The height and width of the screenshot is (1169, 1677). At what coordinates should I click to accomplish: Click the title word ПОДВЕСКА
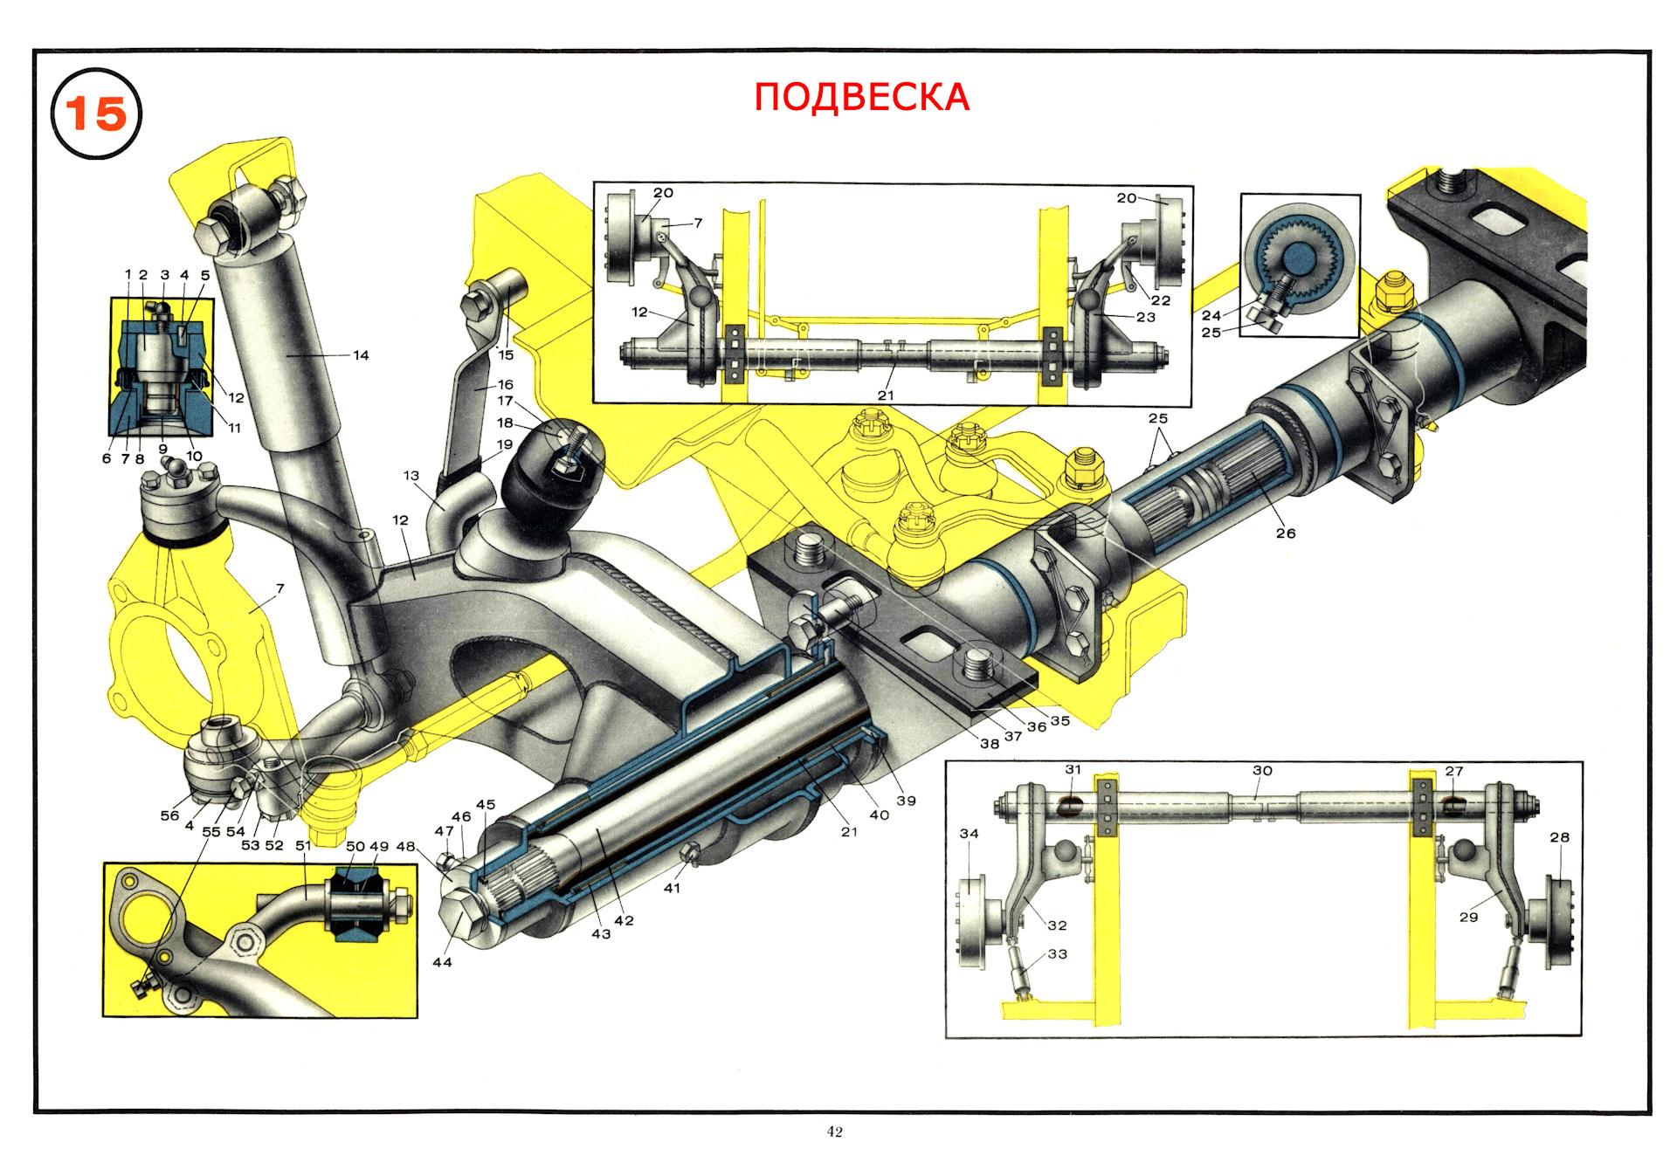pyautogui.click(x=862, y=97)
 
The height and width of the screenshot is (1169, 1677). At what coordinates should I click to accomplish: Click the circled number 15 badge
pyautogui.click(x=96, y=114)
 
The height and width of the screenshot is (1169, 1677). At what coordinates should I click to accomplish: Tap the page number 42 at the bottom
pyautogui.click(x=835, y=1132)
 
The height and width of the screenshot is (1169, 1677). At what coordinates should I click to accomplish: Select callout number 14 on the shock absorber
pyautogui.click(x=360, y=355)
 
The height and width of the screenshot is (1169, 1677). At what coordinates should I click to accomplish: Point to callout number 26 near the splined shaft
pyautogui.click(x=1286, y=533)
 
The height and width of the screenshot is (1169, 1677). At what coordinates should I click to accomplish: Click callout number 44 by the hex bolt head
pyautogui.click(x=442, y=962)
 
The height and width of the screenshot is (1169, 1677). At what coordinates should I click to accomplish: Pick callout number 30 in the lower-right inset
pyautogui.click(x=1262, y=771)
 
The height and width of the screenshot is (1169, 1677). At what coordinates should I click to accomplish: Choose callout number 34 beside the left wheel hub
pyautogui.click(x=970, y=834)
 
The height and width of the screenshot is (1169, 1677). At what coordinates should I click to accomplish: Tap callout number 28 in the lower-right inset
pyautogui.click(x=1560, y=837)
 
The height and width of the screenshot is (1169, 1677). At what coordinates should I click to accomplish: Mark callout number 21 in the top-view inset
pyautogui.click(x=887, y=395)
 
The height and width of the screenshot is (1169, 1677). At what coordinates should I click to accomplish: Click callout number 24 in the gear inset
pyautogui.click(x=1211, y=316)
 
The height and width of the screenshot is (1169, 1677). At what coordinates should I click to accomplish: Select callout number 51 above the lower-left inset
pyautogui.click(x=303, y=846)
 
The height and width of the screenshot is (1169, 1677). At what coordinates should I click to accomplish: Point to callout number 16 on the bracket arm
pyautogui.click(x=505, y=384)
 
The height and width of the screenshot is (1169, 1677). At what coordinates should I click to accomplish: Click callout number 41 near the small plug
pyautogui.click(x=671, y=889)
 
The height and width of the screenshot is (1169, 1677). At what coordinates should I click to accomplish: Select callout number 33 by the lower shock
pyautogui.click(x=1057, y=954)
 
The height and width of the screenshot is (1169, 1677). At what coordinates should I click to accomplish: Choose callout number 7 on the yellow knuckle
pyautogui.click(x=279, y=589)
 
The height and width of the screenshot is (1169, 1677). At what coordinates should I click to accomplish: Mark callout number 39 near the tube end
pyautogui.click(x=906, y=801)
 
